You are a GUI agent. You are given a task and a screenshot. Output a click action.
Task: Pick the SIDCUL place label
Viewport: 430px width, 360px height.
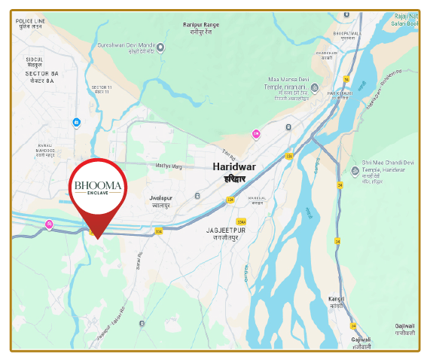click(35, 59)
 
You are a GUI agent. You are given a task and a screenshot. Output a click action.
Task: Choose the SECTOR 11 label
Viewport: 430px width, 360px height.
click(101, 87)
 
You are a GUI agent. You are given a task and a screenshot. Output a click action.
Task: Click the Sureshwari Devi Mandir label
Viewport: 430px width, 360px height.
click(127, 46)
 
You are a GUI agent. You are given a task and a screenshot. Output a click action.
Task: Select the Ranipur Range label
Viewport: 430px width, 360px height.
click(200, 25)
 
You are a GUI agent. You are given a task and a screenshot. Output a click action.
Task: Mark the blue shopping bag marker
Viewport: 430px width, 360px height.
click(77, 123)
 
